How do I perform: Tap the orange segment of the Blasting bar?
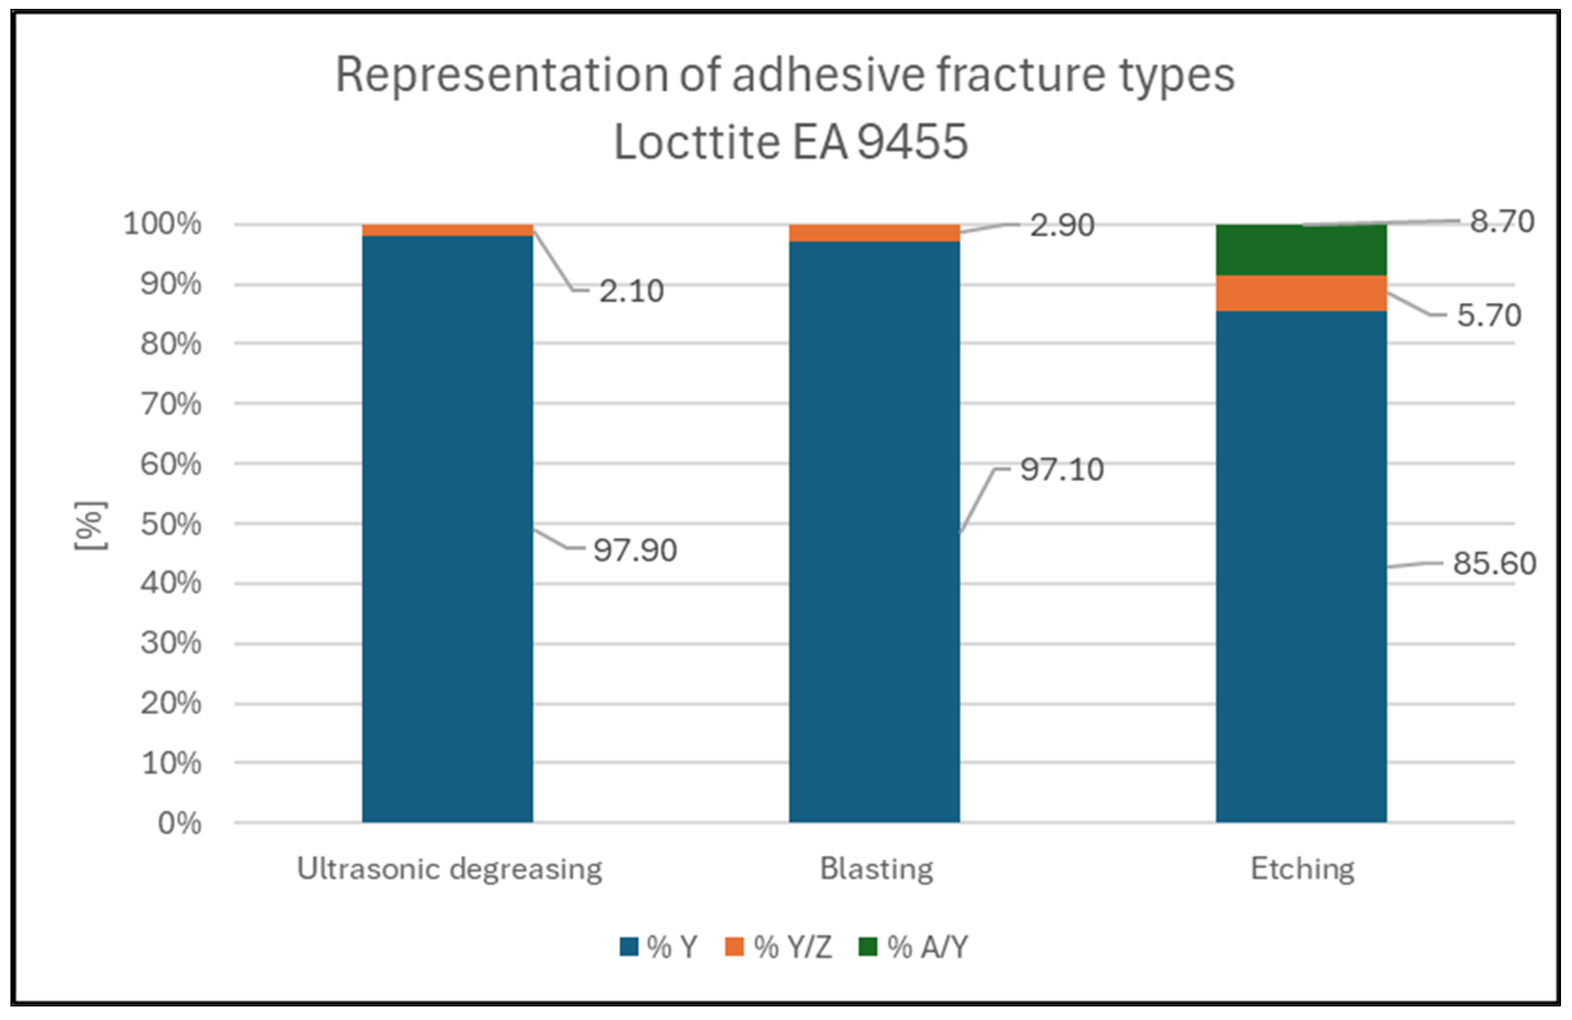(x=874, y=233)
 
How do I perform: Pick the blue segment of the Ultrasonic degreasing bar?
(x=447, y=528)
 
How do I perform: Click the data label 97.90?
(x=635, y=550)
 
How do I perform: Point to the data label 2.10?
(x=631, y=290)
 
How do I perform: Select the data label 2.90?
(x=1062, y=225)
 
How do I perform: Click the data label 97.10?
(x=1062, y=470)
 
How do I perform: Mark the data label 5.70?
(x=1489, y=315)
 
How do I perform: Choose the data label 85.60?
(x=1494, y=563)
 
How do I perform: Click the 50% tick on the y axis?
(x=170, y=524)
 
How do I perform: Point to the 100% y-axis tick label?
(x=162, y=224)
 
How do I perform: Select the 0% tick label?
(x=179, y=823)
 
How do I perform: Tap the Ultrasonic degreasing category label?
(x=449, y=869)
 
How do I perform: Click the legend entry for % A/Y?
(x=914, y=947)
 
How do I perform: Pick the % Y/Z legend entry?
(x=779, y=947)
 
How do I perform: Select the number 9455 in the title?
(x=912, y=142)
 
